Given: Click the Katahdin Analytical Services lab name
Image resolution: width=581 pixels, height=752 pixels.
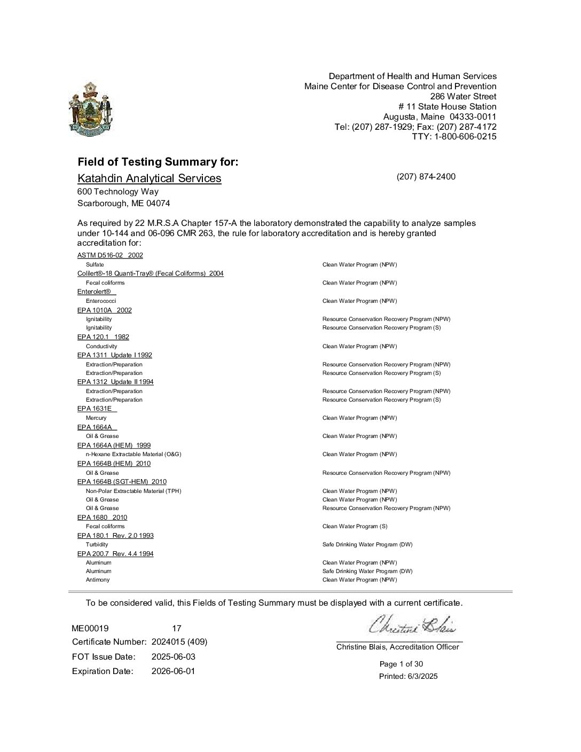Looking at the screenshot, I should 149,178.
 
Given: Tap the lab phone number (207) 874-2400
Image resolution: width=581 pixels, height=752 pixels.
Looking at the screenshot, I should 426,177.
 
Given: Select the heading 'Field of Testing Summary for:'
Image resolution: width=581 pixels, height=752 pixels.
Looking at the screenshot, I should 158,162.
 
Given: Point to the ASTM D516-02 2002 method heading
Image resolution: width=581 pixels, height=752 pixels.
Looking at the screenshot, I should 110,255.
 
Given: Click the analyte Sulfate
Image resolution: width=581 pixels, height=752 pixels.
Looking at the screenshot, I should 95,264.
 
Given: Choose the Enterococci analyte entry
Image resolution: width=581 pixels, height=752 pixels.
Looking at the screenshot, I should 101,301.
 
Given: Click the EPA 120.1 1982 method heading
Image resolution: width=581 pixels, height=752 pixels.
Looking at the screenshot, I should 103,337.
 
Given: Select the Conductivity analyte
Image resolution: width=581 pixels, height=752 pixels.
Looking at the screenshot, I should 101,346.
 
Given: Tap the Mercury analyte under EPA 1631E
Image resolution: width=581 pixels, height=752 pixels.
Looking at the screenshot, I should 96,418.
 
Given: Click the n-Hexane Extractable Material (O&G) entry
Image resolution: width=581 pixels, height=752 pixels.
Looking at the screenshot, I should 134,454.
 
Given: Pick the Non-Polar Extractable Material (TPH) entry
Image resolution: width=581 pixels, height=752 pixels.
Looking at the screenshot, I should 134,491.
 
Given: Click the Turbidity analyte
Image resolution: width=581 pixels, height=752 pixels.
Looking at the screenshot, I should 97,544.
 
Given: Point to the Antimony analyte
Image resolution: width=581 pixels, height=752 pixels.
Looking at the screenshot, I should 98,579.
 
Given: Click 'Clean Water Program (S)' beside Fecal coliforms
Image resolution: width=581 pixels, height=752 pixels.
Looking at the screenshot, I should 355,526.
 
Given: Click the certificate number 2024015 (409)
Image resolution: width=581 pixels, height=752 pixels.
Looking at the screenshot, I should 179,641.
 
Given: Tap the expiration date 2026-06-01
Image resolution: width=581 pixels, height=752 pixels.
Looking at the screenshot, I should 173,671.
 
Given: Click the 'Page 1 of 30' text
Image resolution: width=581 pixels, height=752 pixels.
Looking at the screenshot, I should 401,664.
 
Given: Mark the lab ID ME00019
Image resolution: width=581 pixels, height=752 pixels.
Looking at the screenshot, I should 90,629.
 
